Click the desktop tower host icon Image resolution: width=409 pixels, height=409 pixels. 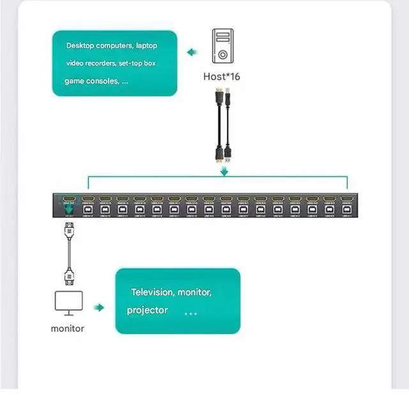pos(221,49)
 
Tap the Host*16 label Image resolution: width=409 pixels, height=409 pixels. pos(221,77)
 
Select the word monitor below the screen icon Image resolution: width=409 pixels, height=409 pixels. pos(67,328)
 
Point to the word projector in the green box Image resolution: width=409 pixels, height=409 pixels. pos(147,310)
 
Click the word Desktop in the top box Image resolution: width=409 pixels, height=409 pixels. pos(83,46)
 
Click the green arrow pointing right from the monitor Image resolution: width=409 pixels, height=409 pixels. pos(98,307)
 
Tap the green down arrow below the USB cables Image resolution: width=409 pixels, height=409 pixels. pos(224,171)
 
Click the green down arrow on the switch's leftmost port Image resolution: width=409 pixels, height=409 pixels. pos(68,208)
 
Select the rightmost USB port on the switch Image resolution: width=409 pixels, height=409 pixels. pos(346,208)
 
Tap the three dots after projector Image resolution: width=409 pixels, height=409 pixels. pos(190,314)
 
